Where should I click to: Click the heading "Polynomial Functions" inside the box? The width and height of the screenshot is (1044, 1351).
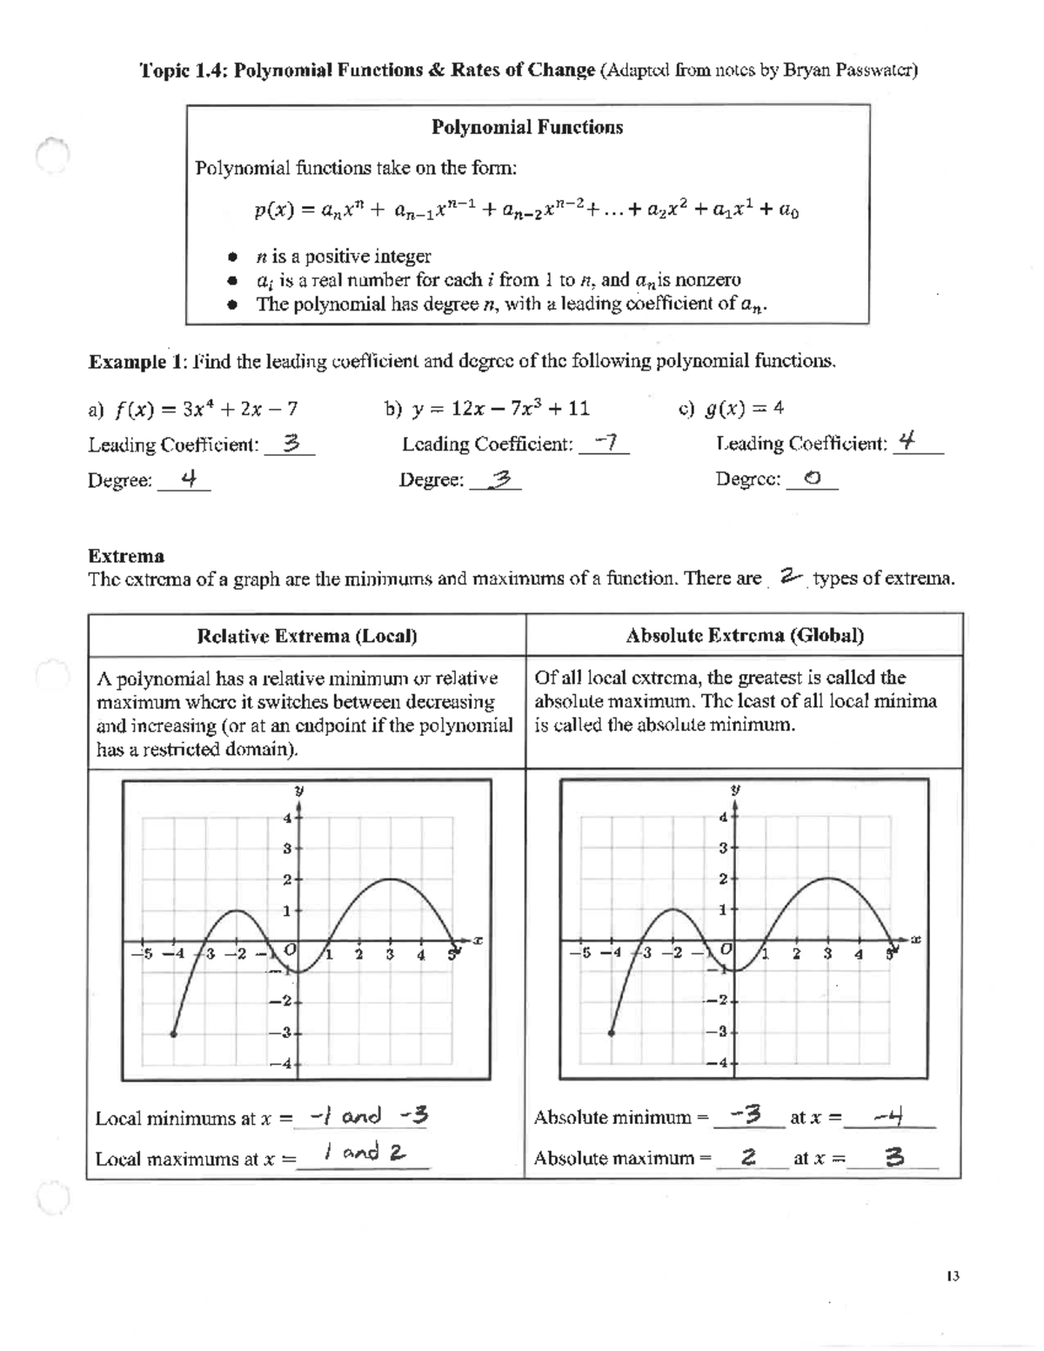(527, 127)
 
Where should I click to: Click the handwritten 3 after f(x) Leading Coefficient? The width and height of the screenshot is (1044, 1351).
(291, 444)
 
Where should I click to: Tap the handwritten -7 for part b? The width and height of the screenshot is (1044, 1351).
(604, 443)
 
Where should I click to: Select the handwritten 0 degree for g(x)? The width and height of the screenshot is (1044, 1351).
(812, 478)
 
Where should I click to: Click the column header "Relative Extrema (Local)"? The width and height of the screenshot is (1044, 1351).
(307, 636)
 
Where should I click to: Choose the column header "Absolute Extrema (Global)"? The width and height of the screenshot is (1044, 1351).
(745, 635)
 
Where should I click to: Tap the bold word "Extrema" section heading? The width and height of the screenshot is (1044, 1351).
(126, 556)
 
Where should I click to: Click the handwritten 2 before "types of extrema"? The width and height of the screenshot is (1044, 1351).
(789, 577)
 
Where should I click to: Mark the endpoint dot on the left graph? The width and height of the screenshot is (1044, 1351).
(174, 1033)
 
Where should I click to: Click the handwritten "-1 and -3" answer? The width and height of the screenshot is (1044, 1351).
(370, 1116)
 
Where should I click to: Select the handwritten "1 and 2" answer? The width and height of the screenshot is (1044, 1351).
(364, 1154)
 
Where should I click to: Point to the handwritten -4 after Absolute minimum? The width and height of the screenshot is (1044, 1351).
(891, 1115)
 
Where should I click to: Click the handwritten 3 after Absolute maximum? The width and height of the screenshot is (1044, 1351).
(893, 1157)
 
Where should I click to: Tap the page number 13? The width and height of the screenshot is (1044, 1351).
(951, 1276)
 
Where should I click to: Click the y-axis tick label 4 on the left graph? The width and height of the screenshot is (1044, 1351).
(286, 817)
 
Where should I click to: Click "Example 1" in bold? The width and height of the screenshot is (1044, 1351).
(126, 362)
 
